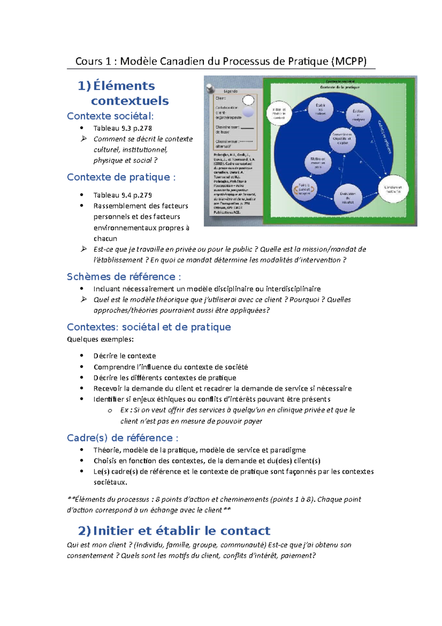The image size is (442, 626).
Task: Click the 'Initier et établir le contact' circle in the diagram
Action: click(279, 113)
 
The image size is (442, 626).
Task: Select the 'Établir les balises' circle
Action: click(320, 109)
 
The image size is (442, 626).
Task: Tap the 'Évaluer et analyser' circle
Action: click(358, 115)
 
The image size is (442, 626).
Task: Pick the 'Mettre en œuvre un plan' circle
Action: click(318, 163)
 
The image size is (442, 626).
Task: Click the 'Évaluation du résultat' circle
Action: click(348, 198)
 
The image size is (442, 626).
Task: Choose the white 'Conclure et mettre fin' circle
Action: click(393, 189)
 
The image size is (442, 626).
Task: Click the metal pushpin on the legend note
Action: click(211, 88)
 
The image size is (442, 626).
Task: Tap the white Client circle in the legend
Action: click(248, 100)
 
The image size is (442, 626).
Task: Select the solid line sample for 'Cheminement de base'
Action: click(247, 128)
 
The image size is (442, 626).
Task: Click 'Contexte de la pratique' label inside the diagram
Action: click(340, 87)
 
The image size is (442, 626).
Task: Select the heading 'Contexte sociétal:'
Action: click(110, 116)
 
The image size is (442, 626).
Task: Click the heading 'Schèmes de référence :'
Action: click(124, 277)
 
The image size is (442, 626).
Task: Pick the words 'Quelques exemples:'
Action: click(100, 339)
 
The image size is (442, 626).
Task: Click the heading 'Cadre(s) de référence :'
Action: click(123, 438)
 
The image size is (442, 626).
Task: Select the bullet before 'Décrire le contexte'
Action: click(82, 356)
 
